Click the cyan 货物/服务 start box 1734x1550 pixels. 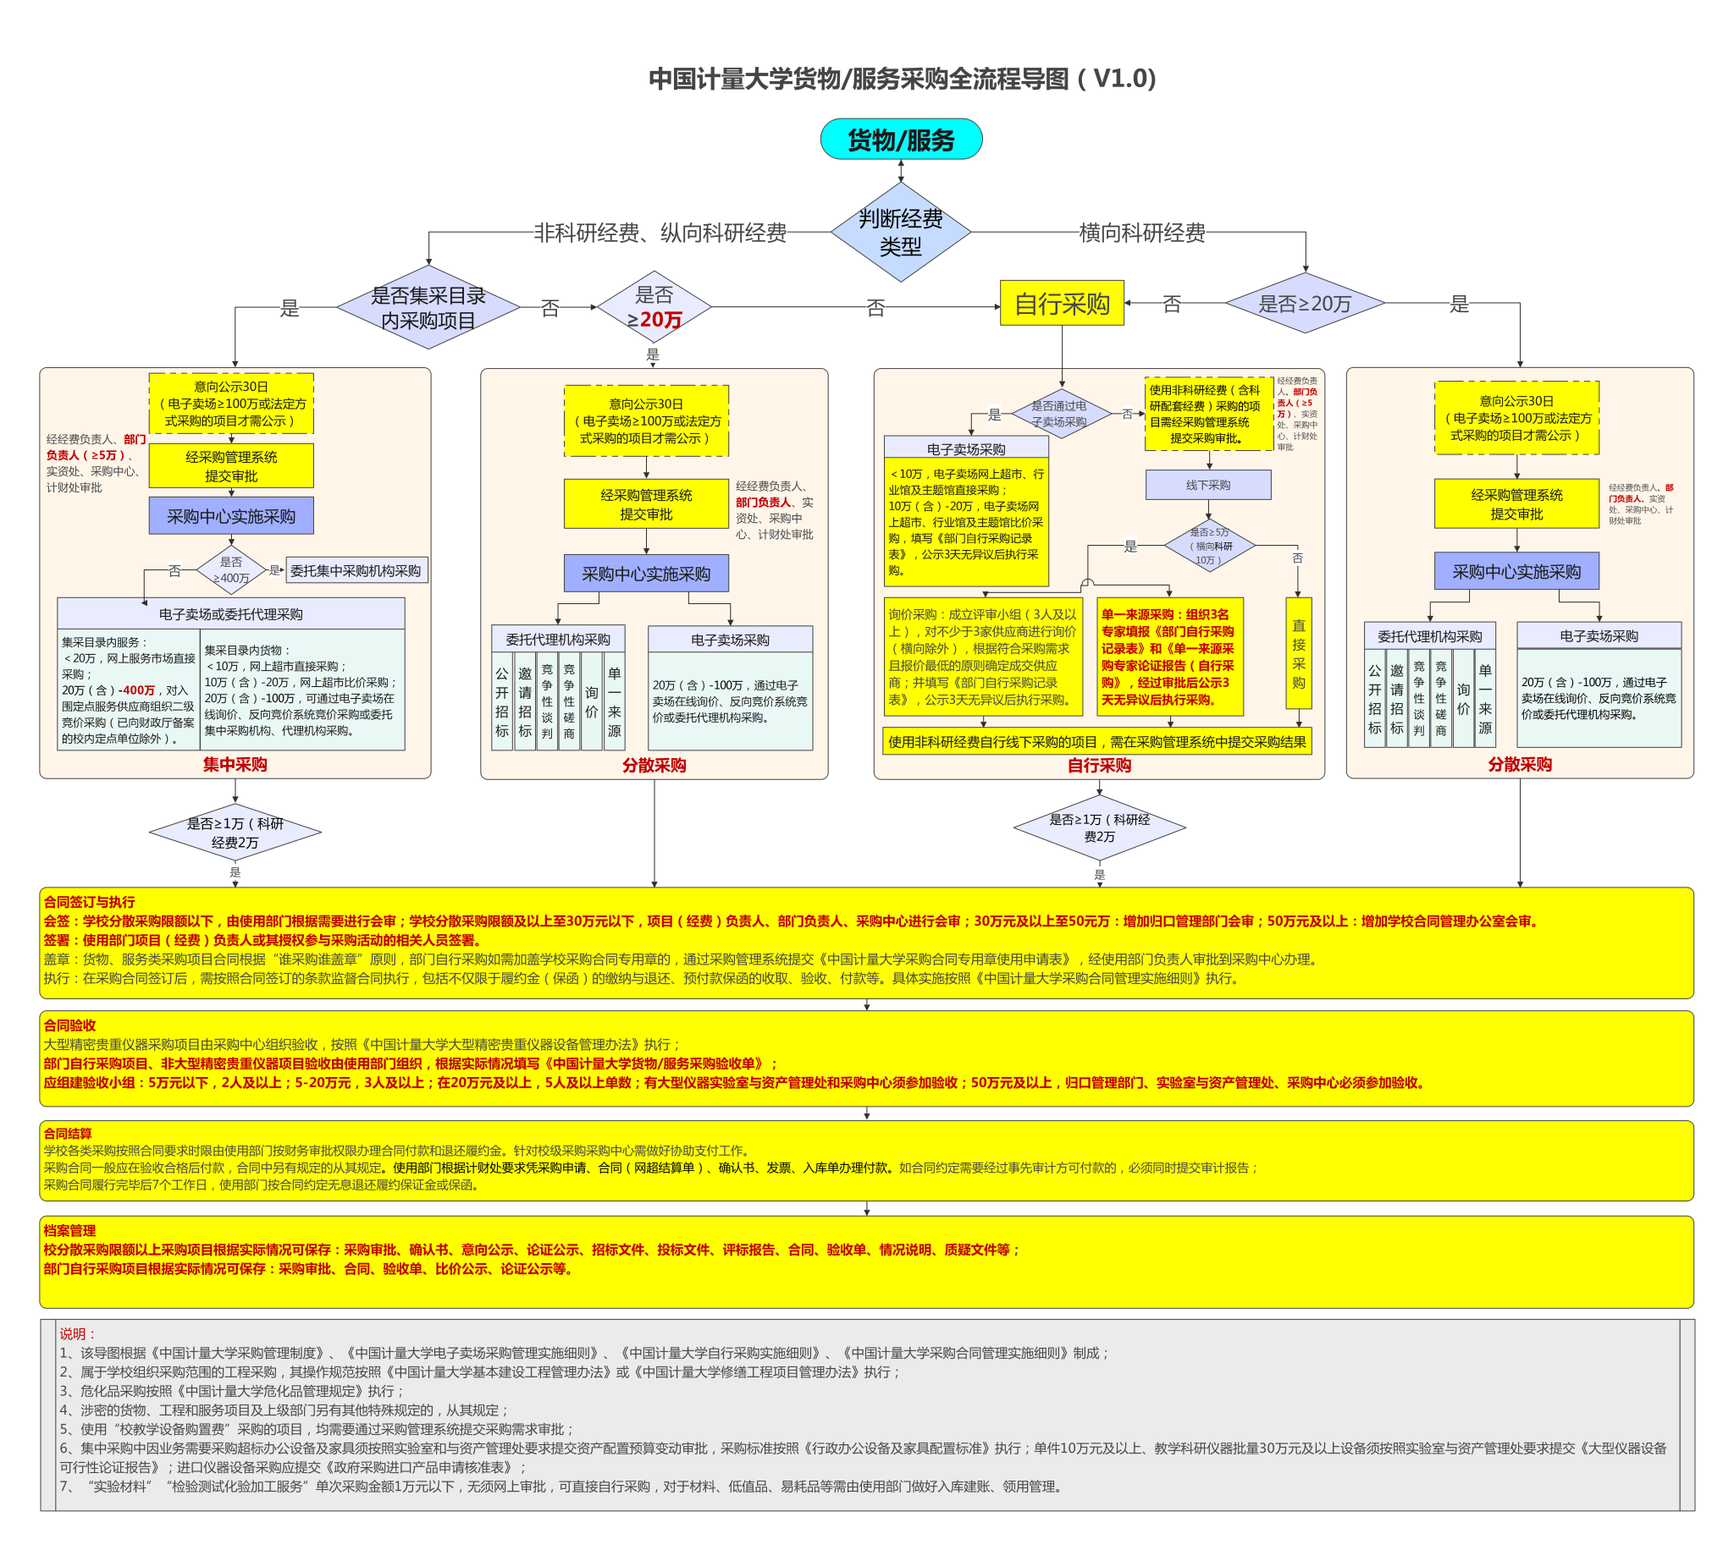pos(901,139)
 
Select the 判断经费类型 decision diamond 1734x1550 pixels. pos(901,232)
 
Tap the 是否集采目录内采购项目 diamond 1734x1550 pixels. pos(428,307)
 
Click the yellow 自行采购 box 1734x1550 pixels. pos(1062,303)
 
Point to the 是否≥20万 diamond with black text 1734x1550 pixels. pos(1305,303)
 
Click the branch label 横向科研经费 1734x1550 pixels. pos(1142,233)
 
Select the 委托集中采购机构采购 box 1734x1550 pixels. pos(356,570)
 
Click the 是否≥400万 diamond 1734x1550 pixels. pos(231,569)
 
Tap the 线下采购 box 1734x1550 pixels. pos(1207,485)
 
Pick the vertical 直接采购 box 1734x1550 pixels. pos(1298,653)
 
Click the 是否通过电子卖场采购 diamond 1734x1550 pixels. pos(1060,414)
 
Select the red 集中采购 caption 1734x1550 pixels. pos(235,764)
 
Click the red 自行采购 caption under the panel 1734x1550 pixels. pos(1099,765)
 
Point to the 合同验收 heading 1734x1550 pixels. pos(70,1025)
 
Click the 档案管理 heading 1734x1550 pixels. pos(70,1230)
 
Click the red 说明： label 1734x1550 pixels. pos(79,1333)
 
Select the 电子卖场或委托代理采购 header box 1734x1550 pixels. pos(231,613)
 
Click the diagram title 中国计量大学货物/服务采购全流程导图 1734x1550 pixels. pos(902,79)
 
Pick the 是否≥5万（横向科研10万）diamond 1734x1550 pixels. pos(1209,545)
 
